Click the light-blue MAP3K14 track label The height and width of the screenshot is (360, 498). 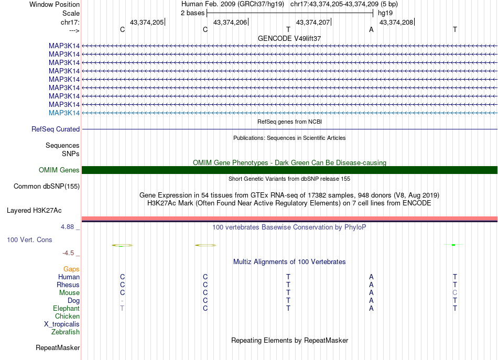(x=64, y=113)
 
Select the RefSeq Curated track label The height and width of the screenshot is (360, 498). (x=56, y=129)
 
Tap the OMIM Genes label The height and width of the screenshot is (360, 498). (x=59, y=170)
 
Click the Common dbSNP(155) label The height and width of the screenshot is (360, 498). (x=47, y=186)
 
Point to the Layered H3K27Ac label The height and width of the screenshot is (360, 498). (x=34, y=211)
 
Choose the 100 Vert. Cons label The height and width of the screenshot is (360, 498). (x=29, y=239)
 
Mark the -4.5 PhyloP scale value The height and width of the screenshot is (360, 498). (x=68, y=253)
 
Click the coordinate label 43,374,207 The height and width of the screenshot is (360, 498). (x=313, y=22)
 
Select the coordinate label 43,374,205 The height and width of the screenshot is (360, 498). (x=146, y=22)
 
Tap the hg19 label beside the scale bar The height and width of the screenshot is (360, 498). (x=385, y=13)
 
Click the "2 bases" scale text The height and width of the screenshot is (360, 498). (x=193, y=13)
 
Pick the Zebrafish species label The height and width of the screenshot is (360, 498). (x=66, y=332)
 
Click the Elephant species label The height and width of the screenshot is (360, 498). (x=66, y=308)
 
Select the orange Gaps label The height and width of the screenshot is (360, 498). (x=71, y=269)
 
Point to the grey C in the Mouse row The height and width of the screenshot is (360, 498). (x=455, y=292)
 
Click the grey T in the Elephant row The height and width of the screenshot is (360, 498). (x=122, y=308)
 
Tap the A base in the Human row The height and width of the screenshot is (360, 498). (x=371, y=277)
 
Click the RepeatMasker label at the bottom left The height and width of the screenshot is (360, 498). (x=58, y=347)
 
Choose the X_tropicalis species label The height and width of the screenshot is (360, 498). (x=62, y=324)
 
